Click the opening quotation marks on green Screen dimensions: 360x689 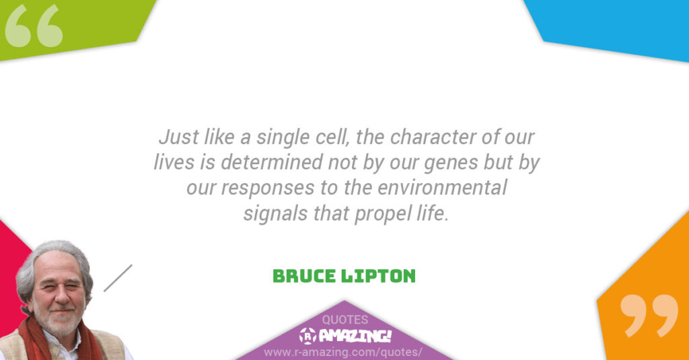(34, 27)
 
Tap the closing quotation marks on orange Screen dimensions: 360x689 (649, 315)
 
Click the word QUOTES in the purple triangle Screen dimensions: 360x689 (344, 320)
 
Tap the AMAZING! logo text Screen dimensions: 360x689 (353, 335)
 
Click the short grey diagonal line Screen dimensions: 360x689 (118, 278)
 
